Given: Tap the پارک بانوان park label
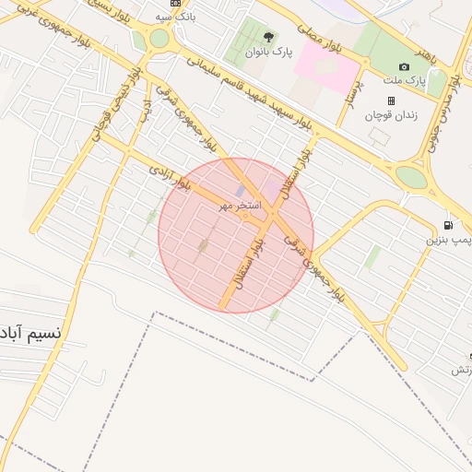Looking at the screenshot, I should (x=268, y=53).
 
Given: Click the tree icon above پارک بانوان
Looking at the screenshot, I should (x=268, y=38).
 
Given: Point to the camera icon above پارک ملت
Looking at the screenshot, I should (x=404, y=66).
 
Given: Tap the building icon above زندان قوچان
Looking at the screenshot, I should (x=391, y=100).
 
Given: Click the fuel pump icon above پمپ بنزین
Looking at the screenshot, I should (x=448, y=225).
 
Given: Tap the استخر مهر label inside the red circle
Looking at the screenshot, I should (x=239, y=206).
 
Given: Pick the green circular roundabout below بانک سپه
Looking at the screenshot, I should (x=159, y=39).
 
